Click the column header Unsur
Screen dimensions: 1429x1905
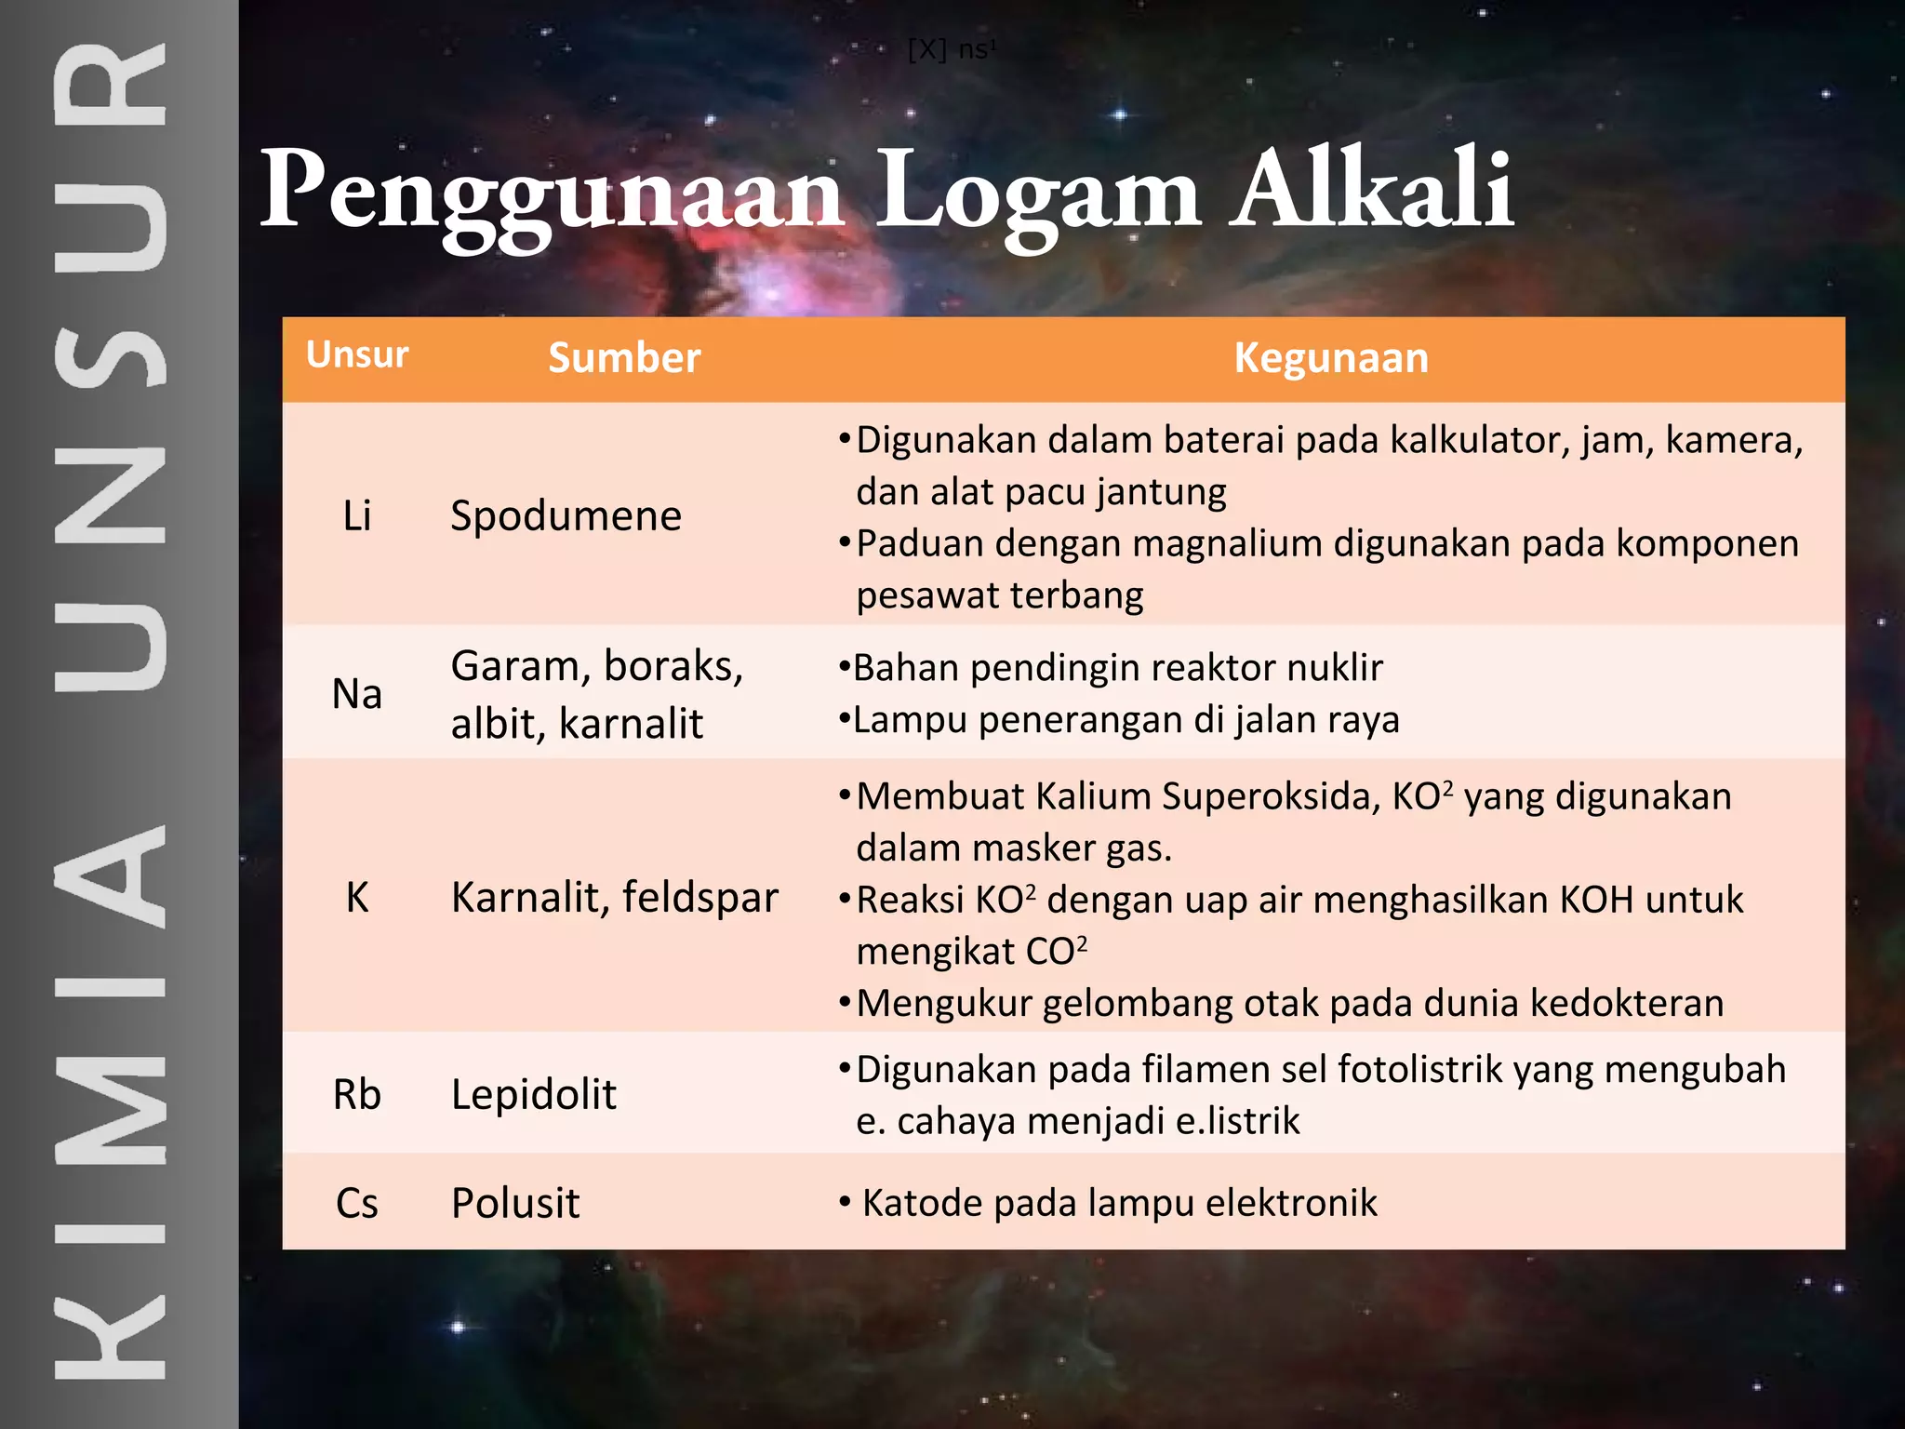(357, 355)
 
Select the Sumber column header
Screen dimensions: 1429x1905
(624, 358)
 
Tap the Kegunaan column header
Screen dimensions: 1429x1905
(1331, 358)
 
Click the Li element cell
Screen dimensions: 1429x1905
(357, 515)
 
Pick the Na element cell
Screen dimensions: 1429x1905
(357, 694)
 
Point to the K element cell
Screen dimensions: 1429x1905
(357, 898)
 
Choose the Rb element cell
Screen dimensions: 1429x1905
(357, 1094)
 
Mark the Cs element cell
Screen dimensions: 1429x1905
(357, 1203)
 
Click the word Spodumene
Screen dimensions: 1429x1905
(566, 516)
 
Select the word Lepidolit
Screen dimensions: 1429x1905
(533, 1094)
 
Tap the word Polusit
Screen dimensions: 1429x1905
(515, 1203)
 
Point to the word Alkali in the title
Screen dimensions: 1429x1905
(1372, 190)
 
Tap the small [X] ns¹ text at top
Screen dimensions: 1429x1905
(951, 49)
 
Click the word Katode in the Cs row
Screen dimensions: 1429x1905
(922, 1203)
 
